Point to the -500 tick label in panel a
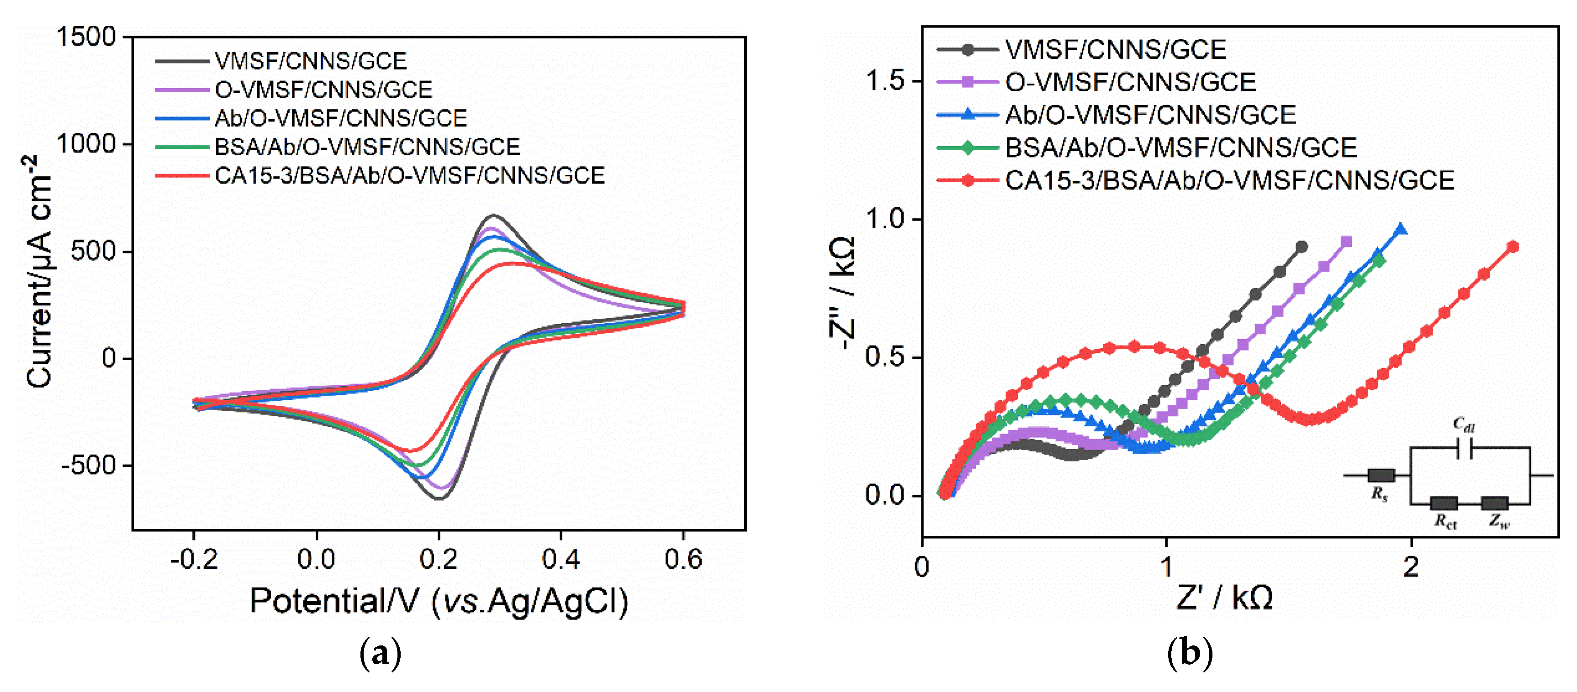click(88, 466)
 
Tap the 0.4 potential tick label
click(560, 559)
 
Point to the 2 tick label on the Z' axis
click(1411, 567)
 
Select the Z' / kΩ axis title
click(1224, 598)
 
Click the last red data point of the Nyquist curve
click(1512, 246)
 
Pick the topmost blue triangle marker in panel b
click(1400, 230)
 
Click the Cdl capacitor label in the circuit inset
click(1464, 424)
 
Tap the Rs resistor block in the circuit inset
click(1381, 475)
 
